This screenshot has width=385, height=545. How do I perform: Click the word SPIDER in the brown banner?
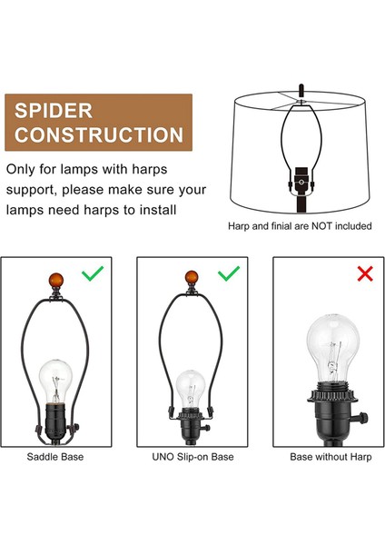(54, 111)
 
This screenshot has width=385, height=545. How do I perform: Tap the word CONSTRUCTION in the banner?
(99, 134)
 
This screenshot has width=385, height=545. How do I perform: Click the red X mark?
(365, 273)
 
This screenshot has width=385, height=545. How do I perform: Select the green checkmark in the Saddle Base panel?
(93, 273)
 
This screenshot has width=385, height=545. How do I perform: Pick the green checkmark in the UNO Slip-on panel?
(229, 273)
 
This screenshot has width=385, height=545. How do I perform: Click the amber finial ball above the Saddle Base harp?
(56, 281)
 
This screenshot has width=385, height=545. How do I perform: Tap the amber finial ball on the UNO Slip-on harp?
(192, 278)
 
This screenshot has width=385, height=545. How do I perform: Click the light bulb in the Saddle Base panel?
(55, 381)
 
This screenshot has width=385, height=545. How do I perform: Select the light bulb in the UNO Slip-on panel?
(190, 389)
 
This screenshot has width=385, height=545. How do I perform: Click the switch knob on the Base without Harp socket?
(362, 417)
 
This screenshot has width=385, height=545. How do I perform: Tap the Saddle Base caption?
(55, 457)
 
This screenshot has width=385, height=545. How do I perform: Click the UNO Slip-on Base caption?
(192, 457)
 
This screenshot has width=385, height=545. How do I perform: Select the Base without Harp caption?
(331, 457)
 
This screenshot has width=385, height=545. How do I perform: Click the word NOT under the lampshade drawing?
(321, 226)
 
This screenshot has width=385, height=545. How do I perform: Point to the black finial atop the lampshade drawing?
(301, 91)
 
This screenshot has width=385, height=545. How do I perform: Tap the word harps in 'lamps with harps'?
(150, 170)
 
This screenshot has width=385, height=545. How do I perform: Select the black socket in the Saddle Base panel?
(55, 421)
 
